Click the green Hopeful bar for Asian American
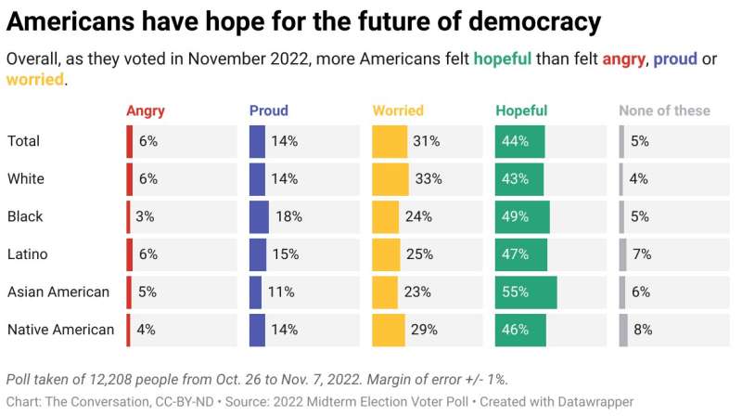(526, 292)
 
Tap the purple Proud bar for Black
(259, 216)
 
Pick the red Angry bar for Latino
(130, 253)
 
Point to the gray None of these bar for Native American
(623, 330)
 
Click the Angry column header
(146, 110)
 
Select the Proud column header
(269, 110)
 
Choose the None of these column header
(664, 110)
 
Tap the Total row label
(25, 141)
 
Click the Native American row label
(60, 330)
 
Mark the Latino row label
(28, 254)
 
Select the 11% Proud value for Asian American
(281, 292)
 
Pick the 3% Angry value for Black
(144, 216)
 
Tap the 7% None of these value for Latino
(642, 254)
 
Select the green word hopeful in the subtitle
(503, 58)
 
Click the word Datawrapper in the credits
(590, 402)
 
